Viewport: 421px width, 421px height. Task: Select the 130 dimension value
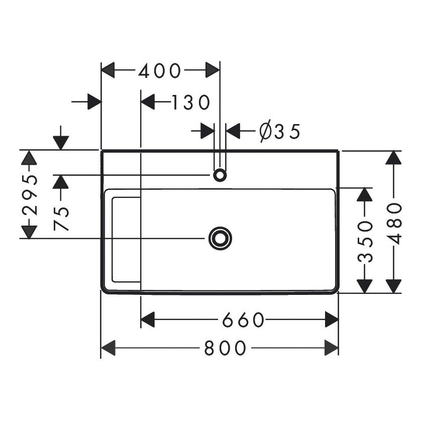point(189,102)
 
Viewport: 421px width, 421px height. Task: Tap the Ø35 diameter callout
point(279,132)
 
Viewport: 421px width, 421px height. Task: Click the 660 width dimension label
point(243,319)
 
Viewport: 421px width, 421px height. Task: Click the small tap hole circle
point(220,175)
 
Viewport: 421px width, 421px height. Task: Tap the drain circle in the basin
point(220,238)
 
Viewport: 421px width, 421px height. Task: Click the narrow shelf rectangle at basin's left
point(126,239)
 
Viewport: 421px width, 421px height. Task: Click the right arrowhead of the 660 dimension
point(331,319)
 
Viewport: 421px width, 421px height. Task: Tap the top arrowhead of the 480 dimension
point(393,157)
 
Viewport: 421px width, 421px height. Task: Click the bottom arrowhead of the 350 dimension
point(364,285)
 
